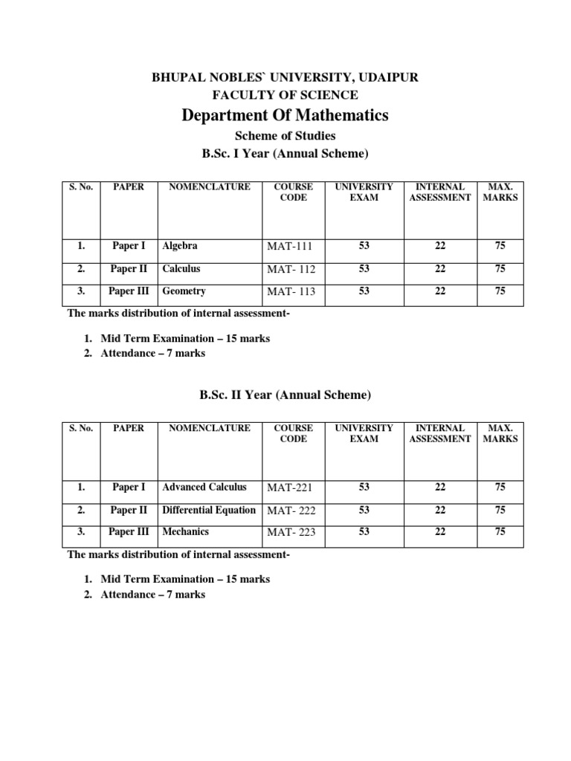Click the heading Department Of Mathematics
click(285, 115)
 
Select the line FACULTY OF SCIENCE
click(285, 95)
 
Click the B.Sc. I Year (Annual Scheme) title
click(285, 154)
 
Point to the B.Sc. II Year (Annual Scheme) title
click(285, 395)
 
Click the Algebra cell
click(180, 246)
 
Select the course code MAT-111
click(291, 247)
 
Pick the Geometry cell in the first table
click(184, 291)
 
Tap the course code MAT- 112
click(291, 269)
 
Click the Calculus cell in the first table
click(181, 268)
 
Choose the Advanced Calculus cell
click(204, 488)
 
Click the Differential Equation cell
click(209, 510)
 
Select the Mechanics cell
click(185, 532)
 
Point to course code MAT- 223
click(291, 533)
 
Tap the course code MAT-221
click(291, 488)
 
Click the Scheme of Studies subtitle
click(285, 136)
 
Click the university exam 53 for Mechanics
click(364, 532)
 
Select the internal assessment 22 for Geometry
click(440, 291)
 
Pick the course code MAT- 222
click(291, 511)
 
